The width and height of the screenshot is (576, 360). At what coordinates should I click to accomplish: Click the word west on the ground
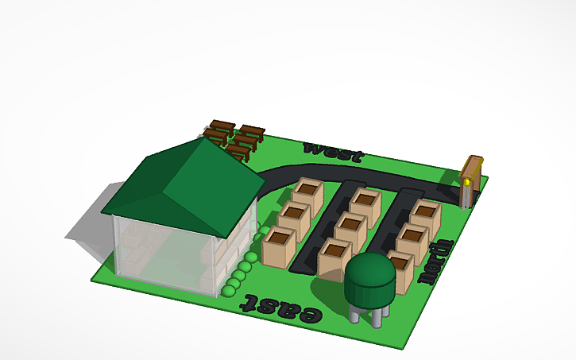tap(334, 151)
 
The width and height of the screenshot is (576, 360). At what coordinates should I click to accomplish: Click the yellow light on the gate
tap(469, 182)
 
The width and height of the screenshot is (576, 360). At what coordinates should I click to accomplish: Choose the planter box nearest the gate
tap(425, 215)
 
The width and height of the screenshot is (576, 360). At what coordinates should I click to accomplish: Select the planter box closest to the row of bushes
tap(278, 246)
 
